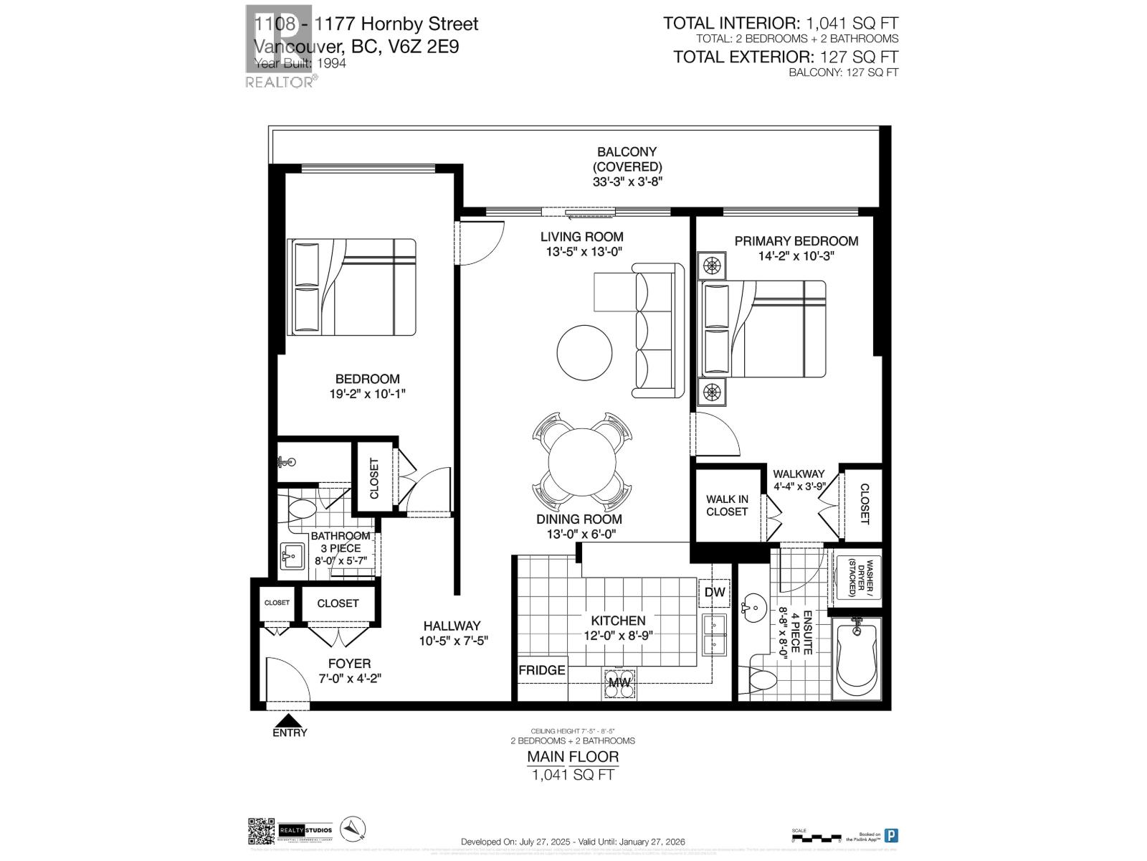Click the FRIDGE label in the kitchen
(542, 670)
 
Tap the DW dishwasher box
(714, 593)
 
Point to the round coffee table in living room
(585, 353)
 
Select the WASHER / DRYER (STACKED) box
(857, 578)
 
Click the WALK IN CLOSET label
(727, 505)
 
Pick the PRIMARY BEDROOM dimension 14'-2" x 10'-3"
(796, 255)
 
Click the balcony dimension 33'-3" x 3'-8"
(627, 182)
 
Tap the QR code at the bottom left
(261, 831)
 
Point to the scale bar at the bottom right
(814, 837)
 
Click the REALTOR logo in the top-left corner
(280, 47)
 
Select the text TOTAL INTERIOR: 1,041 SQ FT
(781, 24)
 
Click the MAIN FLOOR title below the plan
(573, 756)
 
